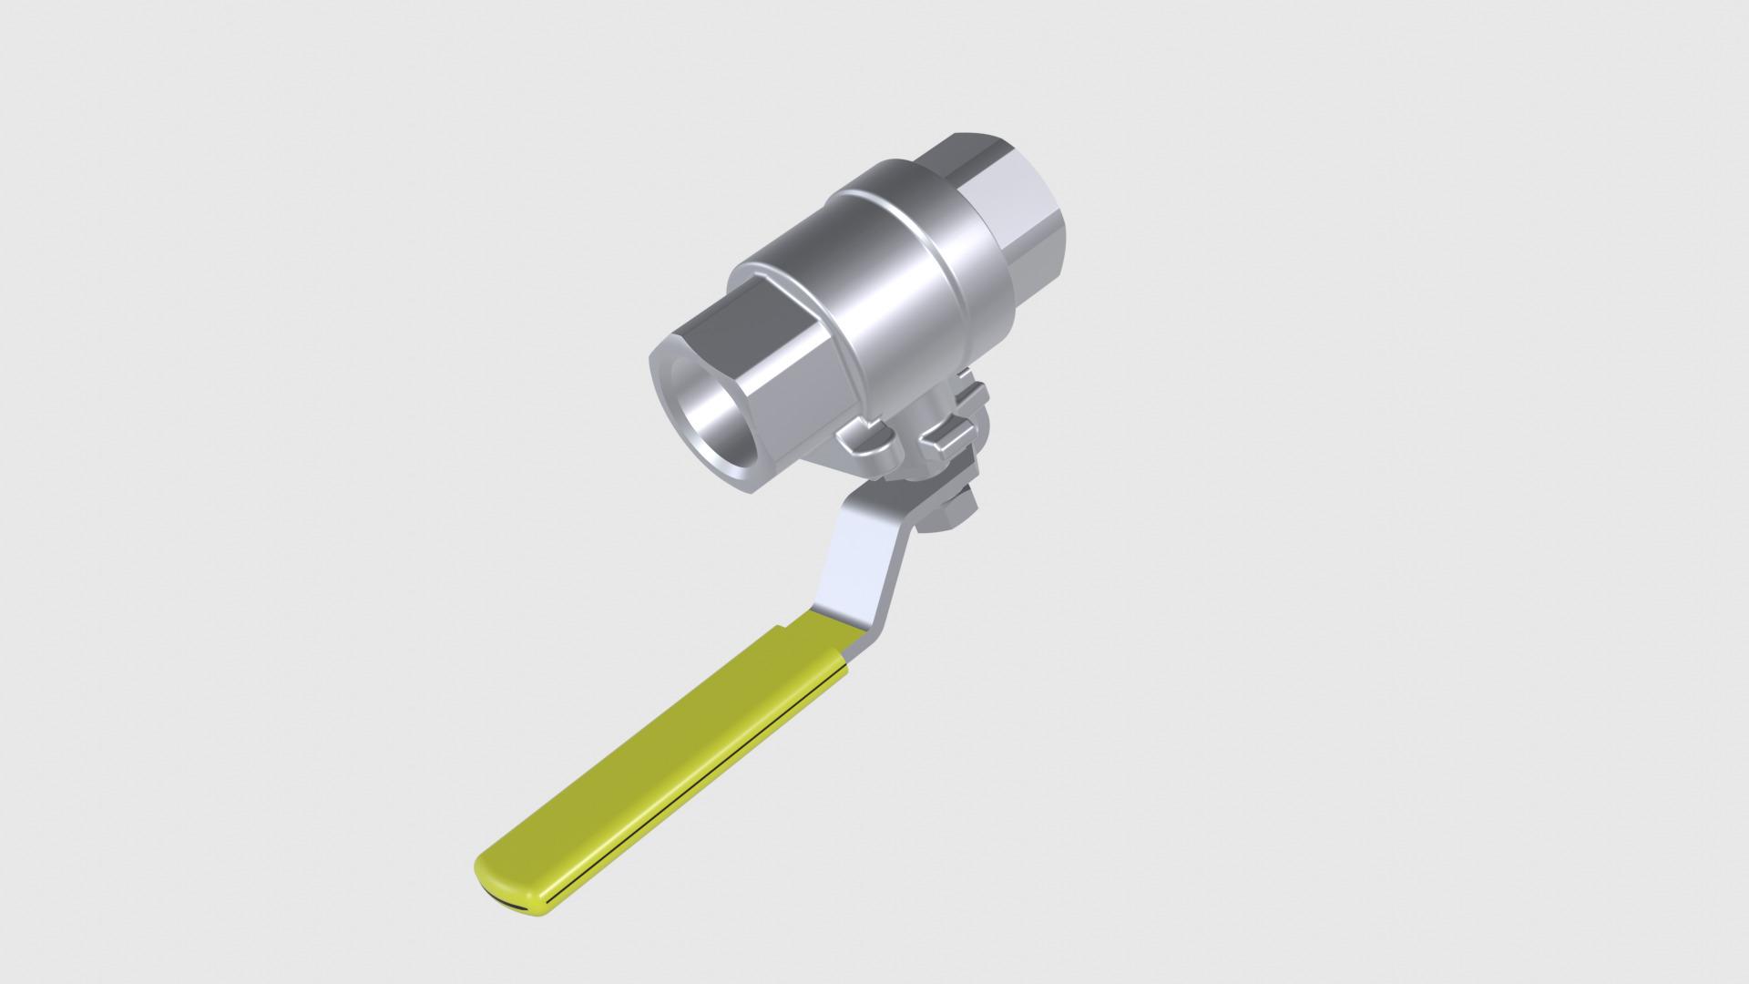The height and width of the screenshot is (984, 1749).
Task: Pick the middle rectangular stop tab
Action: point(947,436)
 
